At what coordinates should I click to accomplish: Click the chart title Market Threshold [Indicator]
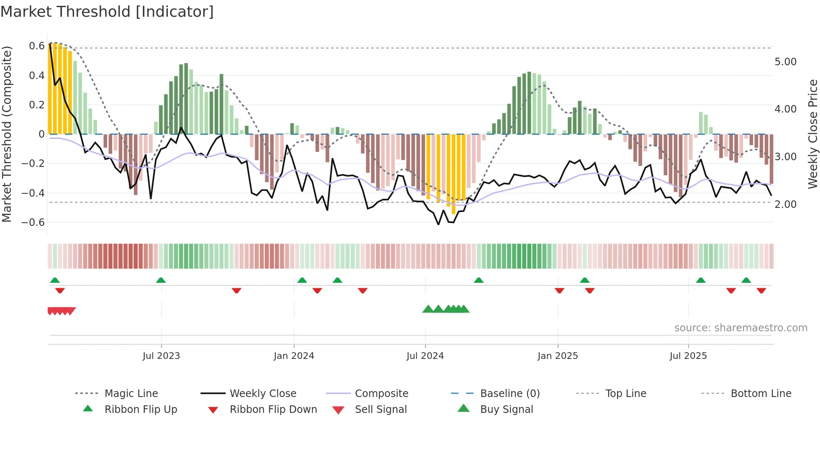click(x=107, y=12)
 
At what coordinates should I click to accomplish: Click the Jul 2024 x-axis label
click(x=425, y=356)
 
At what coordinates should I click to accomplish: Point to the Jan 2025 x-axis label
click(x=557, y=356)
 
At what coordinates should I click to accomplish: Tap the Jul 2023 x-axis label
click(x=161, y=356)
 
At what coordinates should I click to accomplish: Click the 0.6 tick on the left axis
click(x=36, y=46)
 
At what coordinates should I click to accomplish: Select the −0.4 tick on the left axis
click(x=33, y=193)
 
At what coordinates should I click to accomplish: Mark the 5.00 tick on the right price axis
click(x=785, y=62)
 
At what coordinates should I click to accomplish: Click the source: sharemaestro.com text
click(x=741, y=328)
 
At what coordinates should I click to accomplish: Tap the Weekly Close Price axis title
click(x=812, y=134)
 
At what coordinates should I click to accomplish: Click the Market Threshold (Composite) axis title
click(x=7, y=134)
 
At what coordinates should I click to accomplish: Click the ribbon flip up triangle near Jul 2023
click(x=161, y=280)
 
